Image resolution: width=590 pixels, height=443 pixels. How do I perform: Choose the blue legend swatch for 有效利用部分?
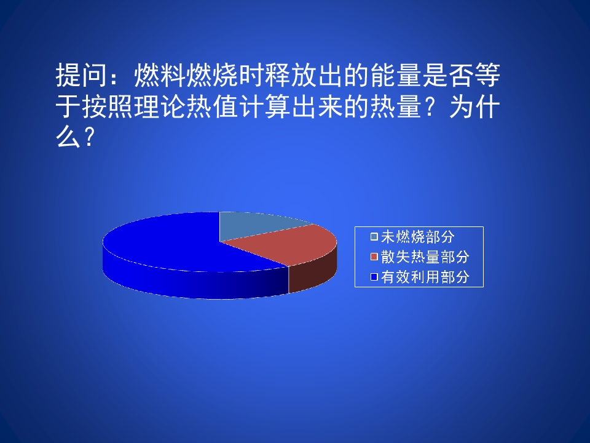pyautogui.click(x=374, y=277)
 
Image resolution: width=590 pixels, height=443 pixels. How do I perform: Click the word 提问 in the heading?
pyautogui.click(x=80, y=77)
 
